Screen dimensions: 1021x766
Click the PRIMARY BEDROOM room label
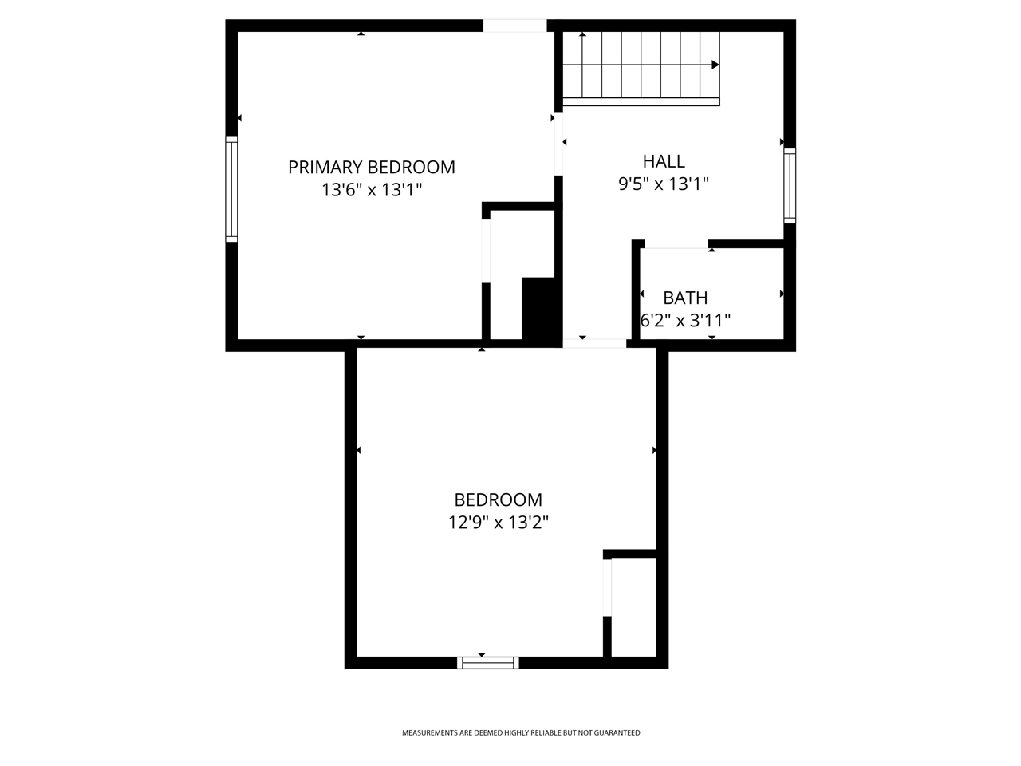coord(371,167)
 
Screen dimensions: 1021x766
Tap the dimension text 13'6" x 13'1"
coord(372,190)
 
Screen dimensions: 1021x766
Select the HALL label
coord(664,161)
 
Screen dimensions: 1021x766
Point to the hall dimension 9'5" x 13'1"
coord(664,184)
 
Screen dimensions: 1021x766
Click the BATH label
coord(685,298)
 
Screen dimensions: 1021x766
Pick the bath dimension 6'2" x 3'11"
coord(685,321)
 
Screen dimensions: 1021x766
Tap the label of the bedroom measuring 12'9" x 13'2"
coord(499,500)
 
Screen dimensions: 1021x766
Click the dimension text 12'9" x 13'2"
coord(499,523)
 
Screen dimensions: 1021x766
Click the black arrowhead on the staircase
coord(715,65)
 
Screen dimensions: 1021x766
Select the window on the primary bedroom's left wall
coord(231,189)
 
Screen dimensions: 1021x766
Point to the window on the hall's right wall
coord(790,186)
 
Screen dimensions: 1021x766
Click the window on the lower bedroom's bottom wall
coord(488,663)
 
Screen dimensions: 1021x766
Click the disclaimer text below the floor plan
coord(521,733)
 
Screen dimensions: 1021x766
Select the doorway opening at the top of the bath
coord(676,244)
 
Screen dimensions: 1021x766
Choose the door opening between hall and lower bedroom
coord(594,344)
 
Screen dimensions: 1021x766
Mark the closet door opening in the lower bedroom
coord(607,587)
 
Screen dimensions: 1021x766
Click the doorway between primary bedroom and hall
coord(558,144)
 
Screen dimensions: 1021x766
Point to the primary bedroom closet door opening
coord(486,251)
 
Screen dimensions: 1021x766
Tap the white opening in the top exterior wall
coord(515,26)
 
